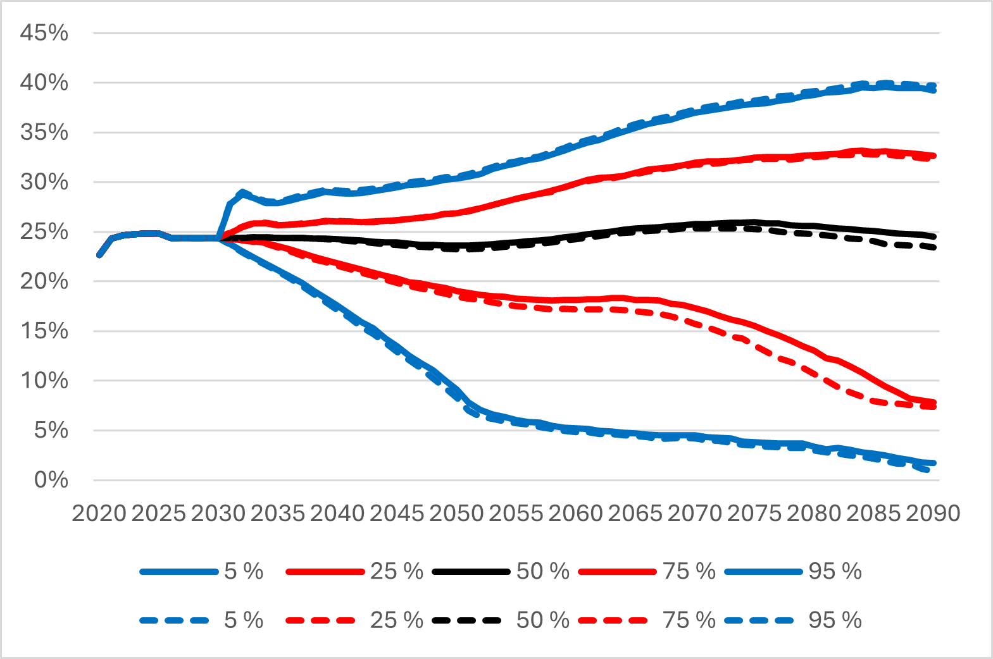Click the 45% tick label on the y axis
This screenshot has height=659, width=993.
coord(44,33)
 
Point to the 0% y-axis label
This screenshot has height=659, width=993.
coord(51,480)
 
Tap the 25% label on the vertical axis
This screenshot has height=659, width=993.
coord(44,231)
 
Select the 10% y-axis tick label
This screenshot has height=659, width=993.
coord(44,381)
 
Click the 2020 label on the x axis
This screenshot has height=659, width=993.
coord(99,514)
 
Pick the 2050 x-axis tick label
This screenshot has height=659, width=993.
coord(456,514)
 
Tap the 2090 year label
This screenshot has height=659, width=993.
coord(933,514)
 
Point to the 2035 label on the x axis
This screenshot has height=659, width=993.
coord(278,514)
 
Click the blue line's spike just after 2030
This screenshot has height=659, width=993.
coord(242,192)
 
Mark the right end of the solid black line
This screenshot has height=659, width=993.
coord(934,237)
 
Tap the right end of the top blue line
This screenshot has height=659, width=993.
coord(934,90)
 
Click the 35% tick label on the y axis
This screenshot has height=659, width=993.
coord(44,132)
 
